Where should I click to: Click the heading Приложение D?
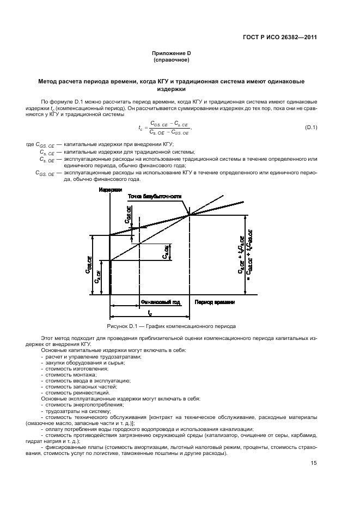point(172,53)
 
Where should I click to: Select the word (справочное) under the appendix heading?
point(172,59)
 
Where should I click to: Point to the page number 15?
point(314,464)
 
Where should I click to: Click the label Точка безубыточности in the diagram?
point(155,197)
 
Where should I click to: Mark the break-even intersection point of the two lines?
point(189,215)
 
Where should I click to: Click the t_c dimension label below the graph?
point(149,312)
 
